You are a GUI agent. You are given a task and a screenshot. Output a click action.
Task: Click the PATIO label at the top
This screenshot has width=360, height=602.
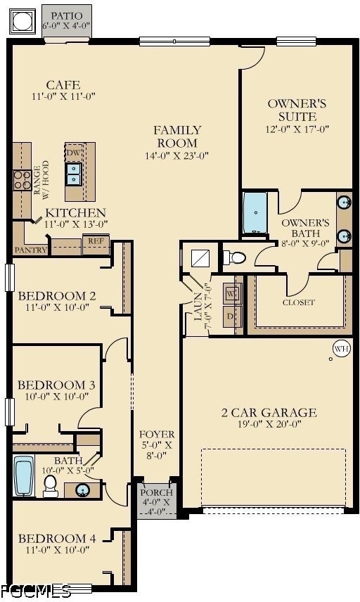pos(66,16)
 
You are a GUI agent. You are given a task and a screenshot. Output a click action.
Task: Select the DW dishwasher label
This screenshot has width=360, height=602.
pos(73,153)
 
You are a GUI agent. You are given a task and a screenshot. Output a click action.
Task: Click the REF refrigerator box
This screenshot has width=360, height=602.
pos(96,243)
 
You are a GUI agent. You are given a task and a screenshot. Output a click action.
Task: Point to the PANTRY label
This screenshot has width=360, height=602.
pos(31,250)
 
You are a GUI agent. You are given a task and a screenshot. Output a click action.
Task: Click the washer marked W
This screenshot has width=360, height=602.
pos(233,293)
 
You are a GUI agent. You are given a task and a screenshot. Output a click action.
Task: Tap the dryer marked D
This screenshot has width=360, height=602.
pos(233,316)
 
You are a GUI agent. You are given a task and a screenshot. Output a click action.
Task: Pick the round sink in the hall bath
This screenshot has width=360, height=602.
pos(82,490)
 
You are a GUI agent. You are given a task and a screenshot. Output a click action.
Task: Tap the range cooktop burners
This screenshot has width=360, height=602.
pos(22,180)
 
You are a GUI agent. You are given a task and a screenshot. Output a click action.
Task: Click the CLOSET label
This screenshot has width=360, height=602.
pos(299,302)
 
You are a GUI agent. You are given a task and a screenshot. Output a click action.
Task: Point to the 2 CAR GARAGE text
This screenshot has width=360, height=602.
pos(269,413)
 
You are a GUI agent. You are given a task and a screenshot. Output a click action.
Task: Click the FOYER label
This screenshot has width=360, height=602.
pos(157,435)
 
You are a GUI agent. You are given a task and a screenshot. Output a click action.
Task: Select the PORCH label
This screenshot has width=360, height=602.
pos(157,492)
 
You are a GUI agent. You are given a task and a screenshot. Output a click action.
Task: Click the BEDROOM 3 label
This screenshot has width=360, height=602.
pos(56,385)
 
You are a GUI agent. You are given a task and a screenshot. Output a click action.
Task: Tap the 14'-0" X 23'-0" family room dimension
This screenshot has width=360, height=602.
pos(177,156)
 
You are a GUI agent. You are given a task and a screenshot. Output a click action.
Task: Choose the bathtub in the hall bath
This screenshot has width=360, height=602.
pos(24,476)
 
